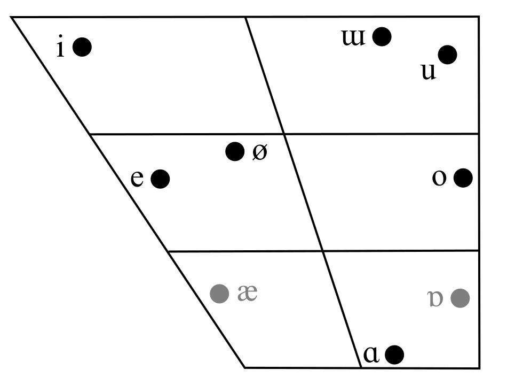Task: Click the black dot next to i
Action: [82, 47]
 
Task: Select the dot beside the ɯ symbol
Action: [382, 36]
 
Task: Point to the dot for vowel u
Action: [447, 55]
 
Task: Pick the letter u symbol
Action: [429, 72]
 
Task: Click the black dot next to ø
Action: [234, 152]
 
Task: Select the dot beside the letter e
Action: [160, 179]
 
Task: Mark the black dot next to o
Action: [463, 178]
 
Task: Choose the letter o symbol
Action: [439, 178]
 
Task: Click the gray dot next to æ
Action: [219, 293]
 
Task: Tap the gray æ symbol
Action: [248, 294]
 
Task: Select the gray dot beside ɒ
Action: [459, 298]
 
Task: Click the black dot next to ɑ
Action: [394, 354]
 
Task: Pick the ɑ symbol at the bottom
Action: [371, 355]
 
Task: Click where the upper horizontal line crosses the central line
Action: [284, 134]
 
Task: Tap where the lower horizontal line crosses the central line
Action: [322, 250]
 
